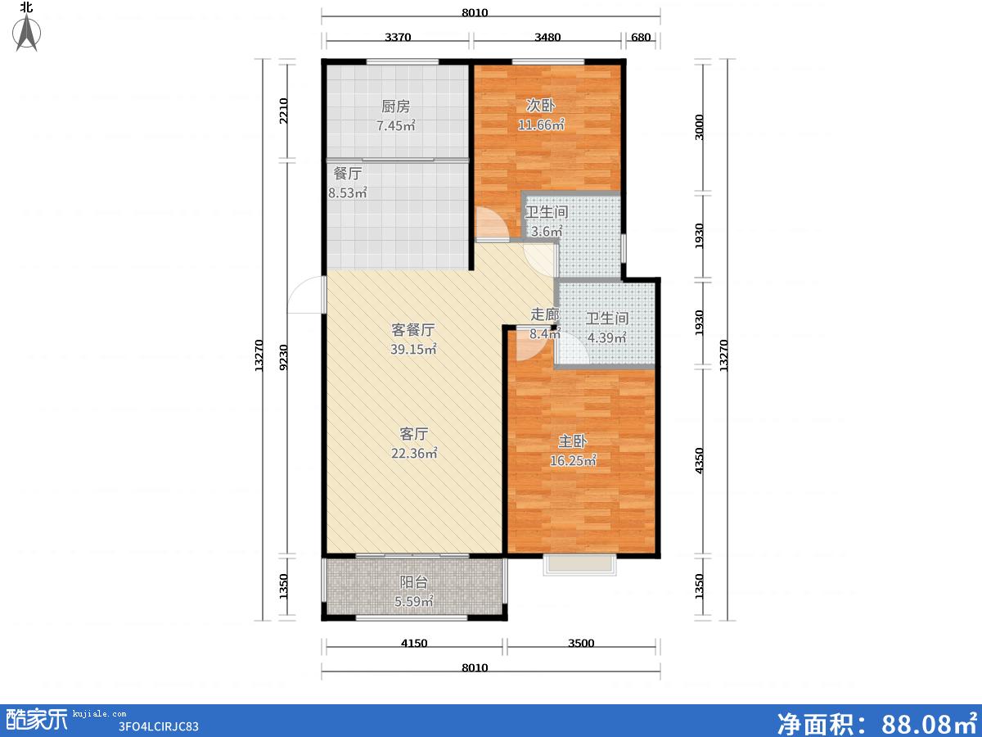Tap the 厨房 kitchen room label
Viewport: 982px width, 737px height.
click(395, 106)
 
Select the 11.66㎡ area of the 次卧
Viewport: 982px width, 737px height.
click(541, 124)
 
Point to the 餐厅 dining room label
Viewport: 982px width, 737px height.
click(348, 173)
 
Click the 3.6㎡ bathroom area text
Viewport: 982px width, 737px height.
click(547, 232)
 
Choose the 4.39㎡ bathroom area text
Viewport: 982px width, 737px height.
click(606, 337)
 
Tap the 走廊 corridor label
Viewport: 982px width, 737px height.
click(545, 314)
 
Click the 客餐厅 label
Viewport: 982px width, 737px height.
click(413, 330)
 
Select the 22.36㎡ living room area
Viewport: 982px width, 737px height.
click(414, 454)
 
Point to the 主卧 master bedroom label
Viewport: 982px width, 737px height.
click(572, 441)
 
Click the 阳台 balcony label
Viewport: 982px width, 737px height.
click(414, 582)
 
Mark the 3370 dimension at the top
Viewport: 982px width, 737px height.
click(398, 37)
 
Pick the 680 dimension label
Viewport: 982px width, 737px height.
click(641, 37)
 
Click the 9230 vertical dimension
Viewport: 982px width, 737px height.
click(283, 358)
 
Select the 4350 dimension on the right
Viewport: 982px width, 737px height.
click(699, 460)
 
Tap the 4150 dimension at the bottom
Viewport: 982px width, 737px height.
click(414, 644)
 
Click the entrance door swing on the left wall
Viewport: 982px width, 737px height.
click(306, 295)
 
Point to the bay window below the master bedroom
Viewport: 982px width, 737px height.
click(580, 565)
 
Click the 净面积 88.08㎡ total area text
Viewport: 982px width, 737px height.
click(877, 722)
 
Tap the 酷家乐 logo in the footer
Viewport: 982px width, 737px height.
click(37, 720)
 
